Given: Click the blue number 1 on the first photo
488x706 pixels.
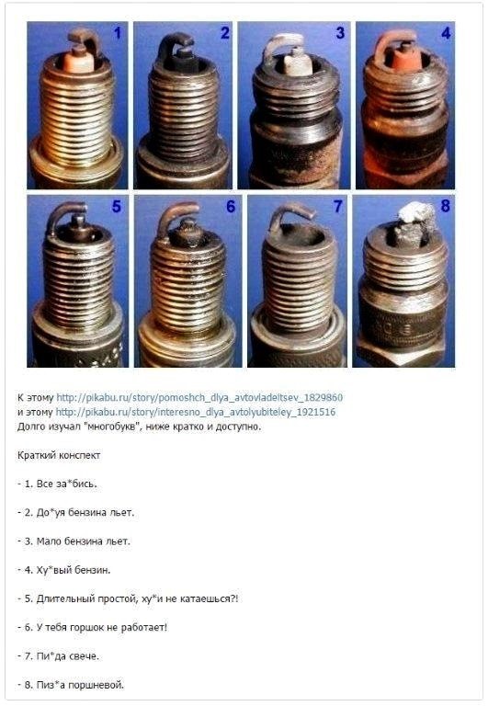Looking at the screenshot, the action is [117, 33].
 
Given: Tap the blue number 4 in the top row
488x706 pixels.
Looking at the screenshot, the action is [445, 33].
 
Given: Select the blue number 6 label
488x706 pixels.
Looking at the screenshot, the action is [231, 206].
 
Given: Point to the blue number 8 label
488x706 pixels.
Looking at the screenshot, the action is [445, 206].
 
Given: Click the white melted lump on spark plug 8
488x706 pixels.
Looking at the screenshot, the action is [416, 211].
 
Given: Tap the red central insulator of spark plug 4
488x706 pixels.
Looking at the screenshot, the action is [403, 59].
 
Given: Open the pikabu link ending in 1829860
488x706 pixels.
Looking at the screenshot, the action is [199, 397].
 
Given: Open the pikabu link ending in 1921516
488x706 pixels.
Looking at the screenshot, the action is [196, 412].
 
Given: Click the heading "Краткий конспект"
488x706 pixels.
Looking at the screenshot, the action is [59, 455].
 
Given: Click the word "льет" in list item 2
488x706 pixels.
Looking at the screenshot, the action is [122, 512].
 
